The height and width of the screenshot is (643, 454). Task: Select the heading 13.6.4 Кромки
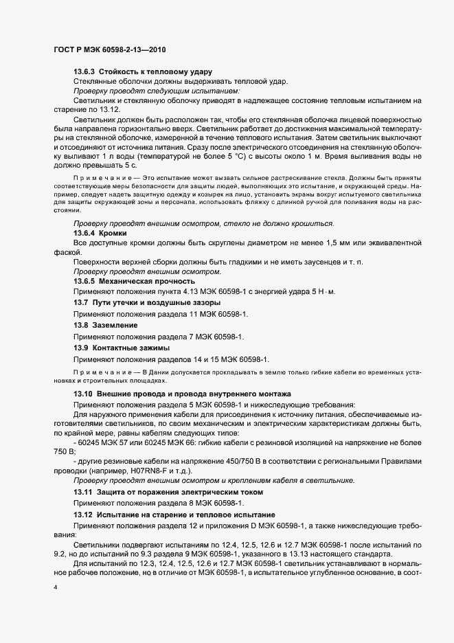(x=104, y=234)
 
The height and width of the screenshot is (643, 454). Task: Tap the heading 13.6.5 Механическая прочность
(x=134, y=282)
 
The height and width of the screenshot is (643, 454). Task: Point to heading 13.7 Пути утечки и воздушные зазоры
(x=147, y=303)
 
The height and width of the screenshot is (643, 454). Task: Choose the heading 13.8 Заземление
(x=106, y=324)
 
